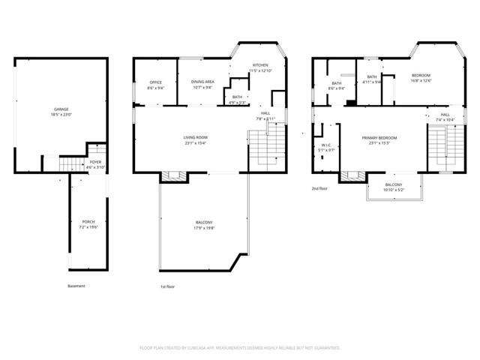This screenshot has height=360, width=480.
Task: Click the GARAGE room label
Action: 61,109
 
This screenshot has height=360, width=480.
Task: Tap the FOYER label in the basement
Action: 96,161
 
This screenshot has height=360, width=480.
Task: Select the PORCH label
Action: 88,221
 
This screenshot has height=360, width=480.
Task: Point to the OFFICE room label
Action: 155,82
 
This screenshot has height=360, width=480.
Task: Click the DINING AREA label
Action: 202,82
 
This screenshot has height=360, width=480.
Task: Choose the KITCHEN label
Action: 260,66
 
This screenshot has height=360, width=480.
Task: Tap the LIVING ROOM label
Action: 196,137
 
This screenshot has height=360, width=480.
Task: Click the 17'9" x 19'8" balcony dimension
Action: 204,228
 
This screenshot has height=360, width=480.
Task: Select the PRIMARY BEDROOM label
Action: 379,138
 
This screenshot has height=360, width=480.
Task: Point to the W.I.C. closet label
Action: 326,145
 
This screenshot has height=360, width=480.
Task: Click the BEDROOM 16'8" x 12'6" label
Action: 421,76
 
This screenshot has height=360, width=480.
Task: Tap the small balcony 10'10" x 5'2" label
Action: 393,185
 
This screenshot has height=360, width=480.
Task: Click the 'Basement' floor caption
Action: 76,286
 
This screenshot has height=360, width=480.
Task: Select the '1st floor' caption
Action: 167,286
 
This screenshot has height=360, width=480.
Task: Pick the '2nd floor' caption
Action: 320,188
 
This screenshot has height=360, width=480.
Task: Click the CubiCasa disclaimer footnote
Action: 240,348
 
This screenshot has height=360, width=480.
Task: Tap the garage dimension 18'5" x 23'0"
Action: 61,115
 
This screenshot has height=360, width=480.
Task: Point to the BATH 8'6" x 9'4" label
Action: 336,85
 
